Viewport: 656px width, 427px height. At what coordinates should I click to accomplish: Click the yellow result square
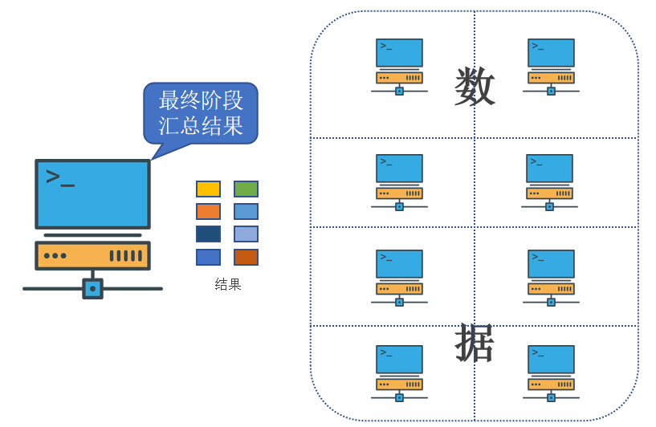pos(208,189)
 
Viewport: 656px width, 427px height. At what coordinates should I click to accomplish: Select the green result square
pos(246,189)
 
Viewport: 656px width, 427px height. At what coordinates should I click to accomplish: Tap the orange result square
pos(208,211)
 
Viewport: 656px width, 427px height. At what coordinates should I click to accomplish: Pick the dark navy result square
pos(208,234)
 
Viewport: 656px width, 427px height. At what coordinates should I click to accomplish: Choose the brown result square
pos(246,257)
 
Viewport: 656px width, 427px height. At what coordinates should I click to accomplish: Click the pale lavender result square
pos(246,234)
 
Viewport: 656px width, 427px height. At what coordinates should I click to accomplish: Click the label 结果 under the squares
pos(228,284)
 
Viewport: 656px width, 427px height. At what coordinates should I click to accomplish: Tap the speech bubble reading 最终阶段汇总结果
pos(201,113)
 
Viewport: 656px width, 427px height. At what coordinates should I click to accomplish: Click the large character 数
pos(474,87)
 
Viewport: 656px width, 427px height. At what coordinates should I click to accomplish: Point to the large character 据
pos(474,344)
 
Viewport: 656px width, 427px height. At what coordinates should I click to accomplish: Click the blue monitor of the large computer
pos(92,193)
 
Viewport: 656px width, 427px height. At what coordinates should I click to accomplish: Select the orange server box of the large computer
pos(92,255)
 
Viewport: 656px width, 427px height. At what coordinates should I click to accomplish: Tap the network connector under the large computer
pos(92,288)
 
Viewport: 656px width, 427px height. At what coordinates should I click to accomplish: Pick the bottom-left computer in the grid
pos(399,372)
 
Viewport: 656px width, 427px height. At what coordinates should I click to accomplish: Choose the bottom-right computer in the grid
pos(551,372)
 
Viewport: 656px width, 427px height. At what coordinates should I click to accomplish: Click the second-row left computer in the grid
pos(399,181)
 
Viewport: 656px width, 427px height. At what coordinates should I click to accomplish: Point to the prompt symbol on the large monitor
pos(59,177)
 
